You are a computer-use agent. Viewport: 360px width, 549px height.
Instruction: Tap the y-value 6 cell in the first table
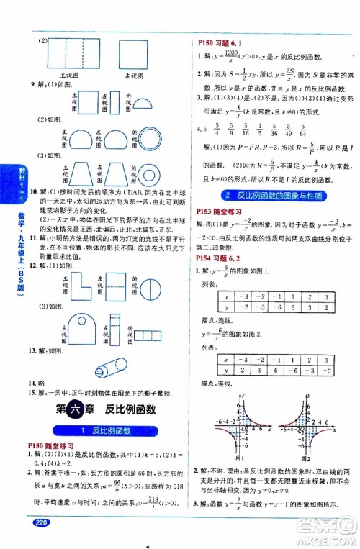pos(296,308)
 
